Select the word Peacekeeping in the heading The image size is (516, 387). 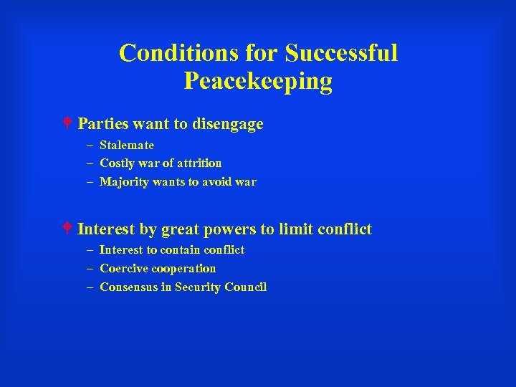coord(258,81)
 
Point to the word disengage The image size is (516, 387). coord(229,124)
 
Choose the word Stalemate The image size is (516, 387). coord(127,145)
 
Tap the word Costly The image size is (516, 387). coord(117,163)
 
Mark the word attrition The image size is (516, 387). coord(197,163)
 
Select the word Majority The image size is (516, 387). coord(123,182)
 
